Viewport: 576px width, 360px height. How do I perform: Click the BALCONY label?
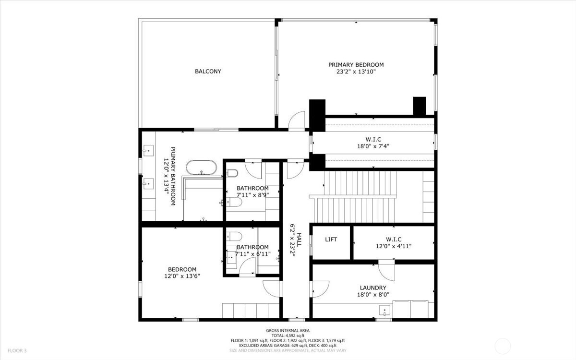tap(208, 72)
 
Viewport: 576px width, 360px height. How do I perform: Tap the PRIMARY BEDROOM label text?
tap(356, 65)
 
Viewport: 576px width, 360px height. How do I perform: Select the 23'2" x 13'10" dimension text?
tap(356, 72)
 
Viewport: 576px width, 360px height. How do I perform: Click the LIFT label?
tap(331, 240)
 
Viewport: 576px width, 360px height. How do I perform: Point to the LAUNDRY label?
tap(373, 288)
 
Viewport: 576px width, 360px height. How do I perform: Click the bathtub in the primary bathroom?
tap(201, 168)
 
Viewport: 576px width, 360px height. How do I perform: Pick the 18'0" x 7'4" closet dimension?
tap(373, 147)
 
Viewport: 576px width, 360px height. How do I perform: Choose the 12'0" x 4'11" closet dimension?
tap(393, 246)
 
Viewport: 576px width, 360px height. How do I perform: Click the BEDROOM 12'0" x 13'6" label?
tap(182, 273)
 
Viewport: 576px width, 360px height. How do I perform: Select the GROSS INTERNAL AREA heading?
tap(288, 330)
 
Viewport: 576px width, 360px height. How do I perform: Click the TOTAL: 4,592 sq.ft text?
tap(288, 336)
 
